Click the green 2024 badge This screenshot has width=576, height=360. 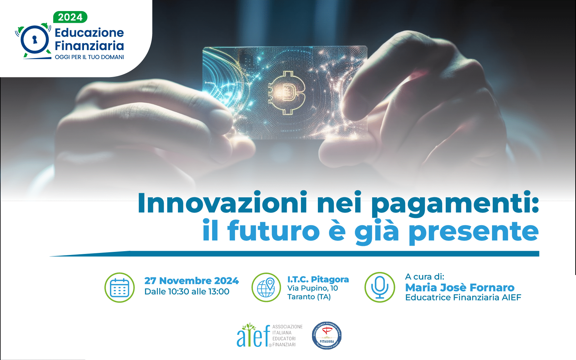coord(70,17)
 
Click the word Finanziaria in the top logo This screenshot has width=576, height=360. coord(89,46)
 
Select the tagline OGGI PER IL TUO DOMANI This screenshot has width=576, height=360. coord(89,57)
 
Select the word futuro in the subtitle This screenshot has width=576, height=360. coord(273,231)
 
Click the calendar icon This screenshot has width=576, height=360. coord(120,287)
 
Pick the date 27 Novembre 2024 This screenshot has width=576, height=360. coord(191,281)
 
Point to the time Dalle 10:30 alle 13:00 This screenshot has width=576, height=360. coord(187,292)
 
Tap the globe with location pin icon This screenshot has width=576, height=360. coord(266,287)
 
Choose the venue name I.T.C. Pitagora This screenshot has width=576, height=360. coord(318,279)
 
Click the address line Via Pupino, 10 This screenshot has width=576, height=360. coord(312,288)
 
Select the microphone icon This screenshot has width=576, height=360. coord(380,287)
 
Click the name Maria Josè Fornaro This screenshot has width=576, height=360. coord(460,287)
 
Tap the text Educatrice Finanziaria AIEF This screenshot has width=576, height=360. coord(463,297)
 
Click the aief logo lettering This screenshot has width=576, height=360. coord(253,336)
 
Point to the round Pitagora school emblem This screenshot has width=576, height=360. coord(327,335)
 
